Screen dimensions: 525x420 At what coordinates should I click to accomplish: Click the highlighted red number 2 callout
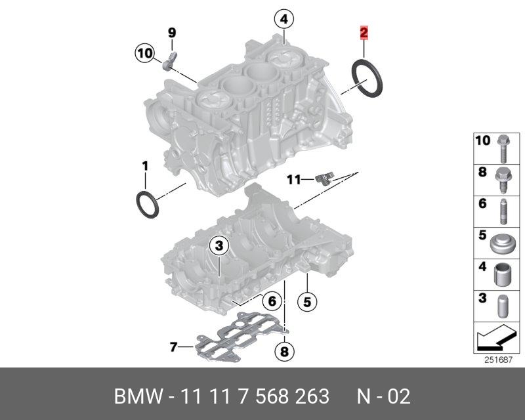[x=363, y=32]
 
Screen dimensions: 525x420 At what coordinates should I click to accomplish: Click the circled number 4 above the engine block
[x=283, y=20]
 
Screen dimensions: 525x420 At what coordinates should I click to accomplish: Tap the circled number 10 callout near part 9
[x=145, y=52]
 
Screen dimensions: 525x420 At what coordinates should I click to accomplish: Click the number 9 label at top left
[x=172, y=32]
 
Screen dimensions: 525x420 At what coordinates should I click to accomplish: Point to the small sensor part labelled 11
[x=323, y=178]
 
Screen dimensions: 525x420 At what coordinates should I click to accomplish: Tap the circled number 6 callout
[x=271, y=301]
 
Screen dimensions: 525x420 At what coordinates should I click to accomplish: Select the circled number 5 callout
[x=306, y=301]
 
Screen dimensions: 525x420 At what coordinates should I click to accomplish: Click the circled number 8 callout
[x=284, y=352]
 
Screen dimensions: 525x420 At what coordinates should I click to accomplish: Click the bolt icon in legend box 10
[x=503, y=148]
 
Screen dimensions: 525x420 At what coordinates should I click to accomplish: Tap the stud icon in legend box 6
[x=503, y=211]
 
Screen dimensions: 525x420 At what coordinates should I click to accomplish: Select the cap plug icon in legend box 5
[x=503, y=243]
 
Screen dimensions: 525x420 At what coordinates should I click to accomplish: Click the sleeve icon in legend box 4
[x=503, y=274]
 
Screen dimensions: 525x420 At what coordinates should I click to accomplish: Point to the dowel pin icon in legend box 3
[x=503, y=306]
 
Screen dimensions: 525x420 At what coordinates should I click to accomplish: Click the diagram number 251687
[x=497, y=359]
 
